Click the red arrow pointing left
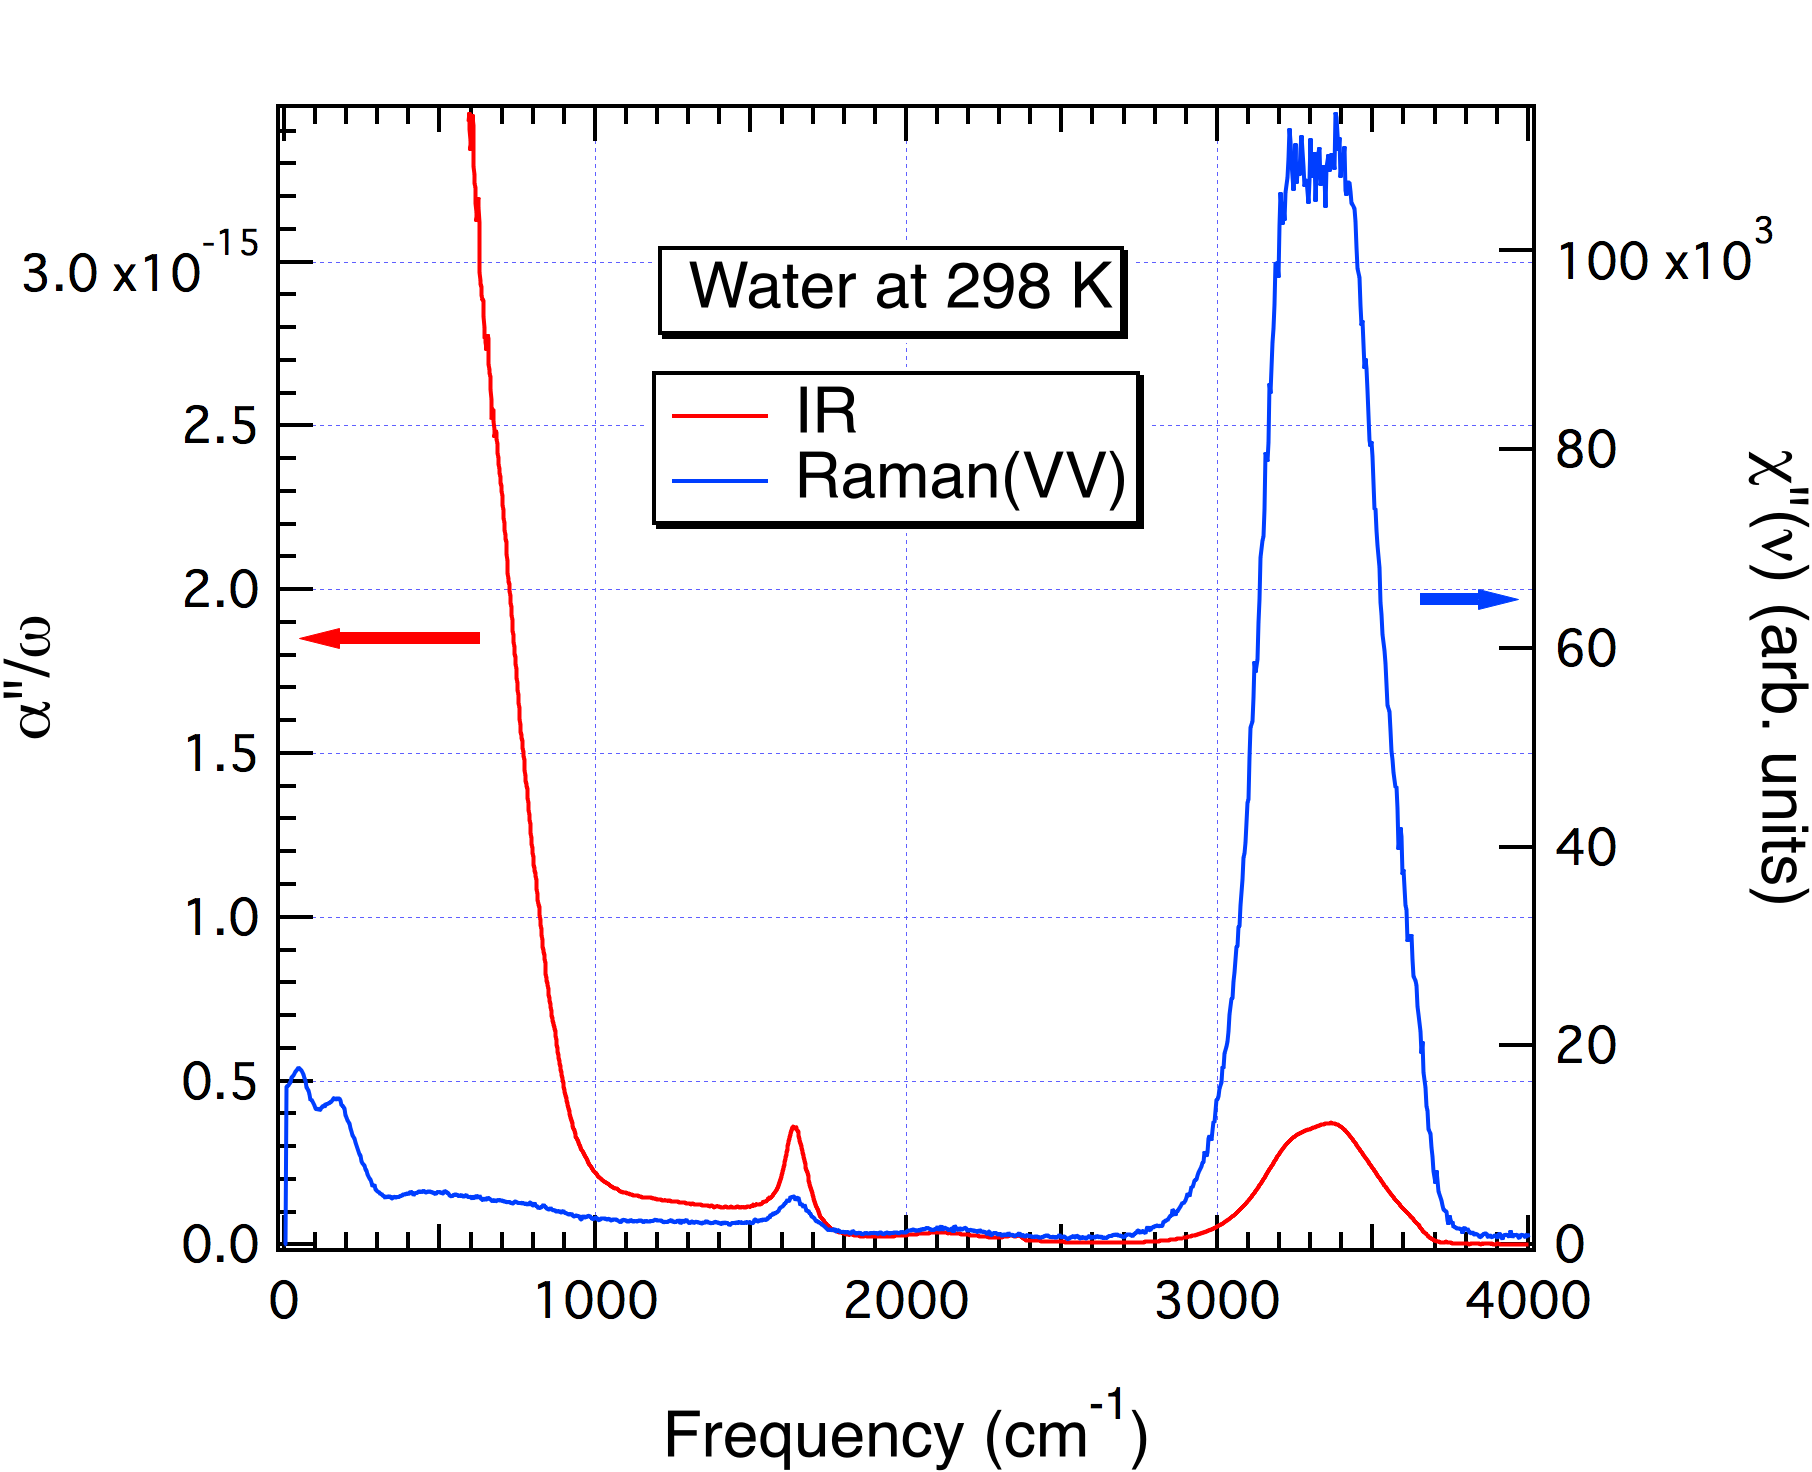click(389, 638)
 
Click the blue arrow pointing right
click(1468, 599)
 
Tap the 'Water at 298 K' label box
click(892, 289)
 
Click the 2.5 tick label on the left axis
click(220, 427)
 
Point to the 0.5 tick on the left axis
click(220, 1082)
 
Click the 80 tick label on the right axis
click(1586, 450)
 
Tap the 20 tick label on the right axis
click(1586, 1046)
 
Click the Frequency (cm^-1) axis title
click(905, 1432)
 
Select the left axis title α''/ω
click(36, 678)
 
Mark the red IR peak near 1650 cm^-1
click(794, 1127)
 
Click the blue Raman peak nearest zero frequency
click(298, 1069)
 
